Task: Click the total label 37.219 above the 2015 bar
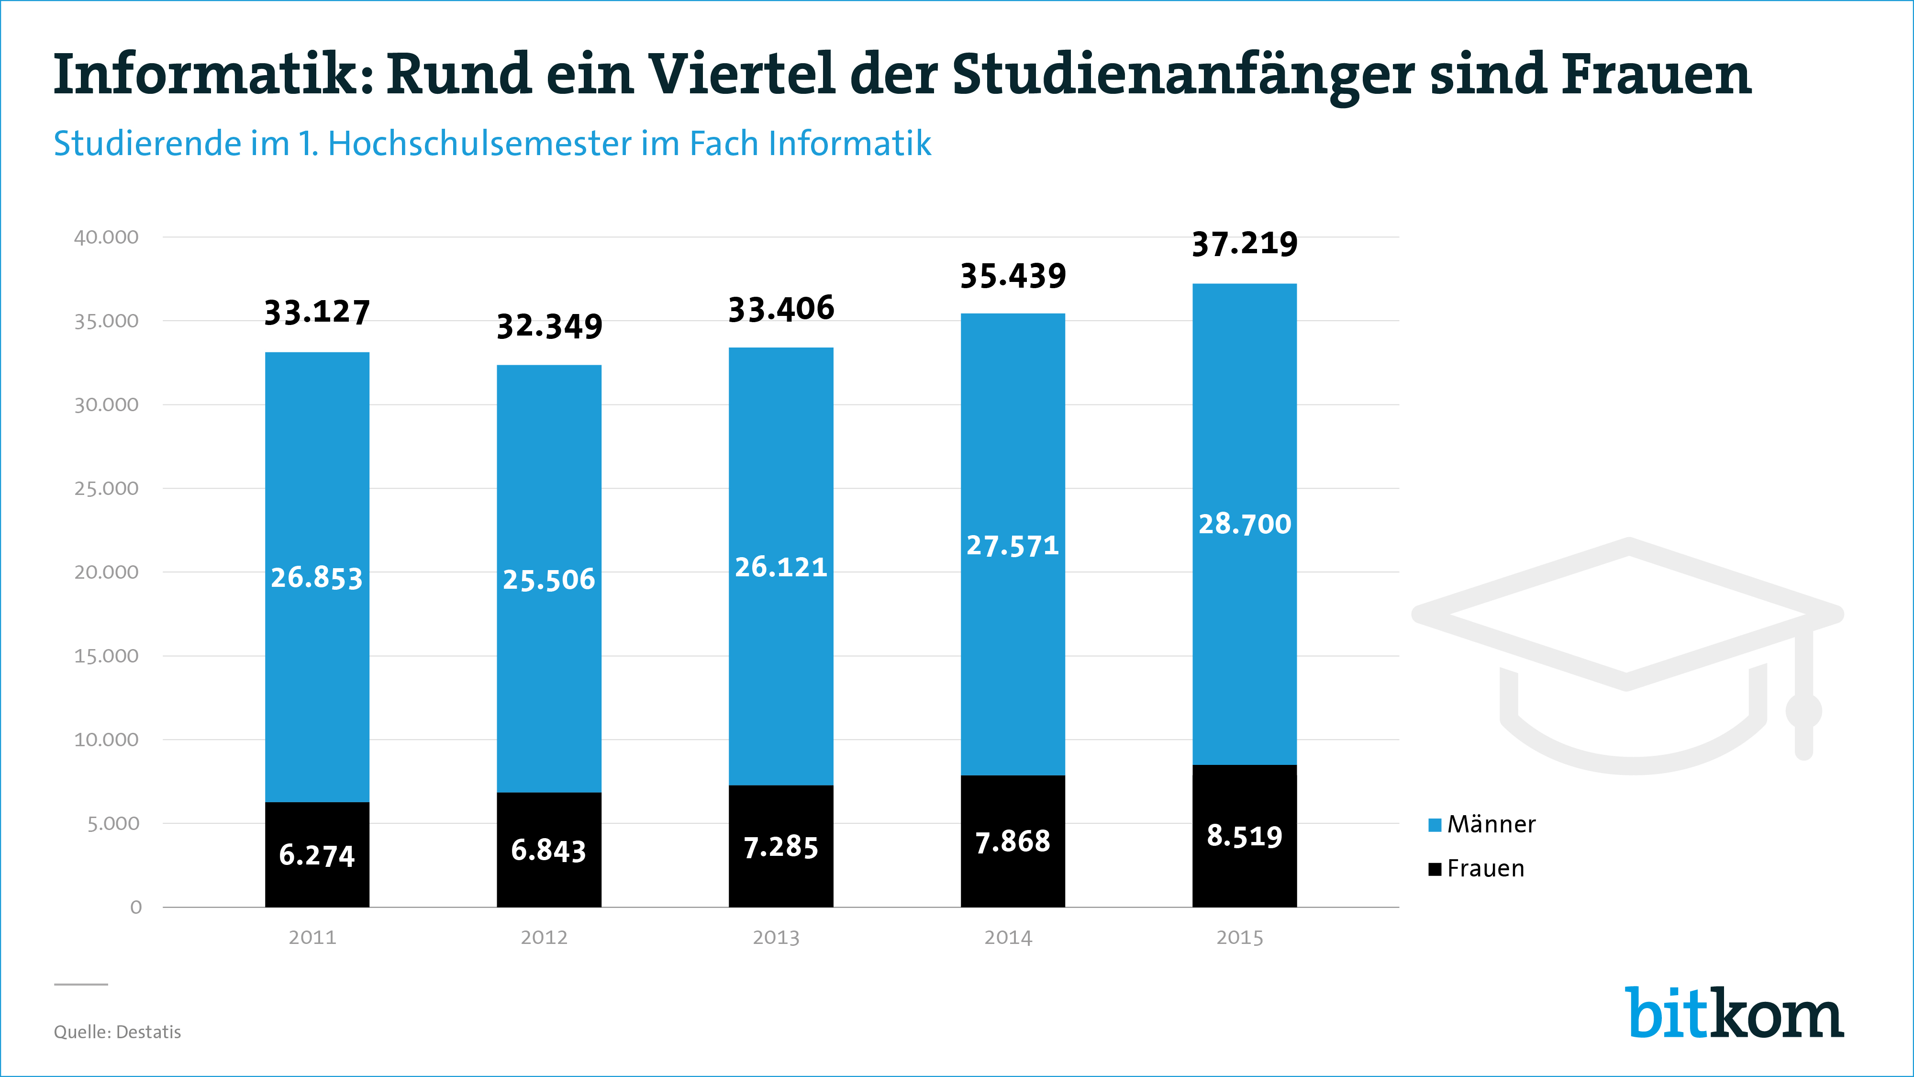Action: [x=1245, y=244]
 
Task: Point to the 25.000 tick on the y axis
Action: [x=106, y=488]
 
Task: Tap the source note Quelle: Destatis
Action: [x=117, y=1032]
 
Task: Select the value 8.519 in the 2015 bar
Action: [x=1245, y=836]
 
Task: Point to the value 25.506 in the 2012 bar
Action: [x=549, y=580]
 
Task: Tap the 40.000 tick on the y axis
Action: [x=106, y=237]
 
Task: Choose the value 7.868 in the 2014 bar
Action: [x=1013, y=842]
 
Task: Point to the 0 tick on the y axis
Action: [x=136, y=907]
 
